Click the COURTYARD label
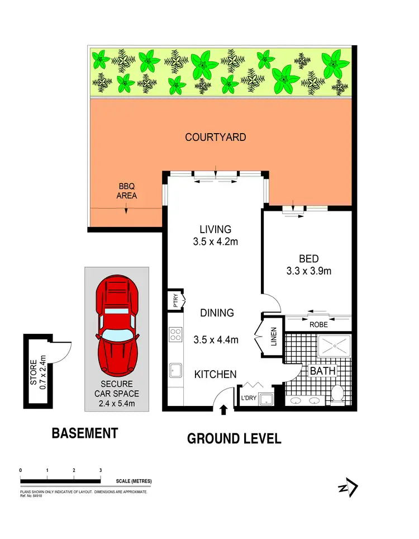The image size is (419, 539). (216, 137)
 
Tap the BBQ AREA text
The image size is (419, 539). (126, 192)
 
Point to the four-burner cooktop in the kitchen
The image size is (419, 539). (175, 334)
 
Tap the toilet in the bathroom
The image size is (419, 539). (337, 394)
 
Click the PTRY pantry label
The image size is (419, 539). (175, 301)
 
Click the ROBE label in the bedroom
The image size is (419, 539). (318, 324)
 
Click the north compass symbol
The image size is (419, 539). (348, 488)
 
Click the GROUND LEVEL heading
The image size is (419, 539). (234, 438)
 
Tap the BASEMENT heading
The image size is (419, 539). (84, 433)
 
